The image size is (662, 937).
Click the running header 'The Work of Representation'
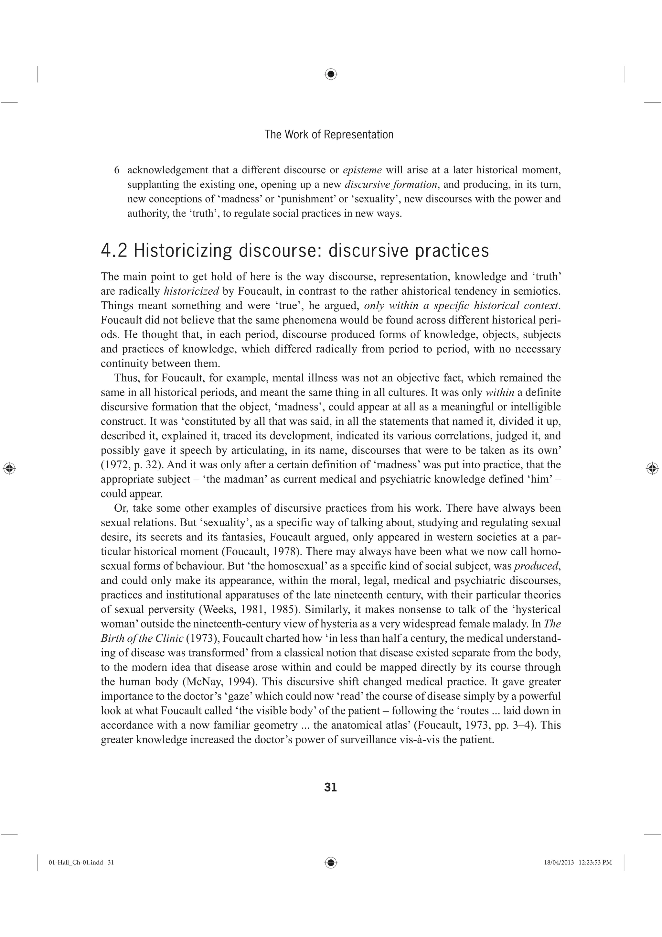(x=329, y=135)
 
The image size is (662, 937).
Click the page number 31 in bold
(x=330, y=787)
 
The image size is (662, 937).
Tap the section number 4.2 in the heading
(x=114, y=251)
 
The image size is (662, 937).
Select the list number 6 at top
(x=117, y=170)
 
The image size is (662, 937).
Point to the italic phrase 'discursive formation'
(x=391, y=184)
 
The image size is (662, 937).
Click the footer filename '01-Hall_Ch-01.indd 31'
(x=81, y=862)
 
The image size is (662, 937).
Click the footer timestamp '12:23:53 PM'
(x=595, y=862)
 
